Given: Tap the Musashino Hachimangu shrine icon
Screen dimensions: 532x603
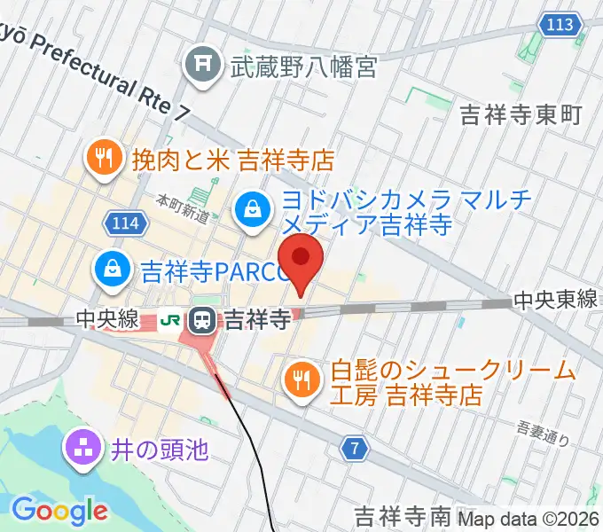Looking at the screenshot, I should pos(202,65).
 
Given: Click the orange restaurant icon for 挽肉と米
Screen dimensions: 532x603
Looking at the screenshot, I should pos(105,159).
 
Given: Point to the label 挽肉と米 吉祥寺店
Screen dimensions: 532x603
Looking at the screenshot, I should pos(232,160).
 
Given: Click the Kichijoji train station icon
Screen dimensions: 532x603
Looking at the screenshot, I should pos(204,318).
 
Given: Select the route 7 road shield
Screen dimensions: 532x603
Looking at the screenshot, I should pos(355,450).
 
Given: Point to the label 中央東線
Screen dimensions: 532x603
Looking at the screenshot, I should pos(557,301).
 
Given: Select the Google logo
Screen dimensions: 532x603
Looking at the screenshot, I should pos(59,511).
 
